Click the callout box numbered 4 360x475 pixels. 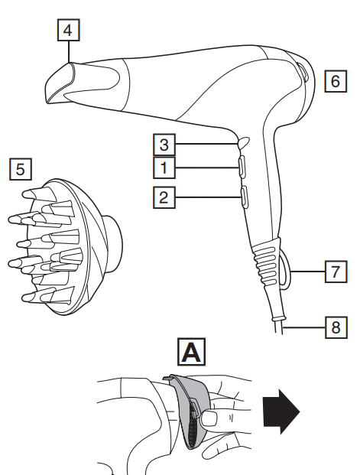(x=69, y=30)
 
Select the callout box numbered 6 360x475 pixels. (x=336, y=81)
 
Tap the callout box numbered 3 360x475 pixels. (x=164, y=145)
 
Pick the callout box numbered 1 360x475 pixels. (x=164, y=168)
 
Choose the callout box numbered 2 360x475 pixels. (x=164, y=197)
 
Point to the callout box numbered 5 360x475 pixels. (x=21, y=169)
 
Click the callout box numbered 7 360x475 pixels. (x=336, y=272)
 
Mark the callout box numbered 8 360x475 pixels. (x=336, y=327)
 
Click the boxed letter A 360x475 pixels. (x=191, y=352)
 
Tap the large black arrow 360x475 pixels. (x=281, y=412)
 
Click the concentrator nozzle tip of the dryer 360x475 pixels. (x=60, y=83)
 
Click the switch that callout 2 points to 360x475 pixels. (x=244, y=197)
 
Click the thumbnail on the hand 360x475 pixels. (x=209, y=418)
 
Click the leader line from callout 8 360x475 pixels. (x=303, y=327)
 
